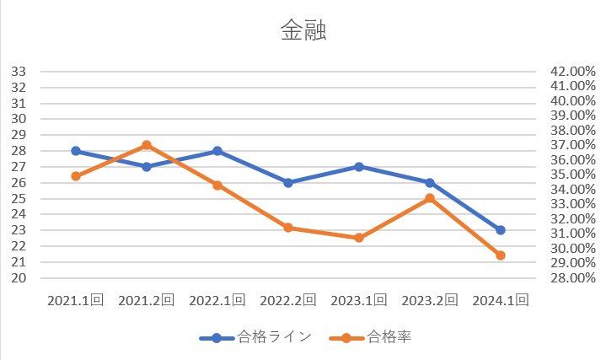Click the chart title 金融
pos(303,31)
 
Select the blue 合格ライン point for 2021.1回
pos(76,151)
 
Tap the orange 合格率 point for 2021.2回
pos(147,145)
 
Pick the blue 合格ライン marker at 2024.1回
pos(501,230)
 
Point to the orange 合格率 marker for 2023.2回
pos(430,198)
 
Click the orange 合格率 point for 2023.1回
pos(359,238)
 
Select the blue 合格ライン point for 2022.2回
pos(288,182)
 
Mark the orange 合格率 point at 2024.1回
pos(501,255)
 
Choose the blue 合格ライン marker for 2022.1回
pos(217,151)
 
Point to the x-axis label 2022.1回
pos(217,299)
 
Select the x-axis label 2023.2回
pos(430,299)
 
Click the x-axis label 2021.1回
pos(76,299)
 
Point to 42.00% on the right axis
pos(572,71)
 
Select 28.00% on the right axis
pos(572,278)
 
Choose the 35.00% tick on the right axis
pos(572,175)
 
